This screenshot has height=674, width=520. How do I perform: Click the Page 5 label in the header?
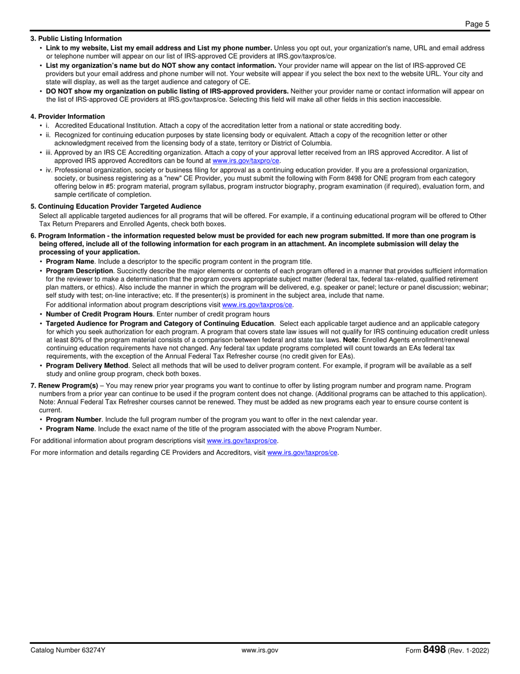(x=477, y=24)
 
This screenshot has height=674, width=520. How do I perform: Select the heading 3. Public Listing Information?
(x=76, y=38)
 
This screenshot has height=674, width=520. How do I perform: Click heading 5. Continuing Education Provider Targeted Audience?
(x=115, y=206)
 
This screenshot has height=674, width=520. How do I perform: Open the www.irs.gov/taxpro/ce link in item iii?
(x=246, y=161)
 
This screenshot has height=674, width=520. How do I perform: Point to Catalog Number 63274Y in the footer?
(x=68, y=650)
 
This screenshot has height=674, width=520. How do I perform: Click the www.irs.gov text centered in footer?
(x=260, y=650)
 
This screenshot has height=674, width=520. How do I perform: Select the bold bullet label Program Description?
(x=79, y=271)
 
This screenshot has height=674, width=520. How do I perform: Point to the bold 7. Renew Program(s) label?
(x=65, y=386)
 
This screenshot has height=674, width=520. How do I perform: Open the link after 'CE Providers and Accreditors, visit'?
(x=302, y=453)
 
